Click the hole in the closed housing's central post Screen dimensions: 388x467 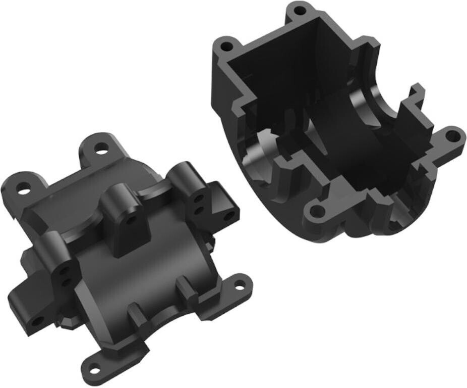pos(132,221)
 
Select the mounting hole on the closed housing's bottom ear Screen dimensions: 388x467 pos(93,362)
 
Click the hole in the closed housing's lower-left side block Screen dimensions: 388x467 pos(36,321)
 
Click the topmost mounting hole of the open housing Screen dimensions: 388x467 pos(300,10)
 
